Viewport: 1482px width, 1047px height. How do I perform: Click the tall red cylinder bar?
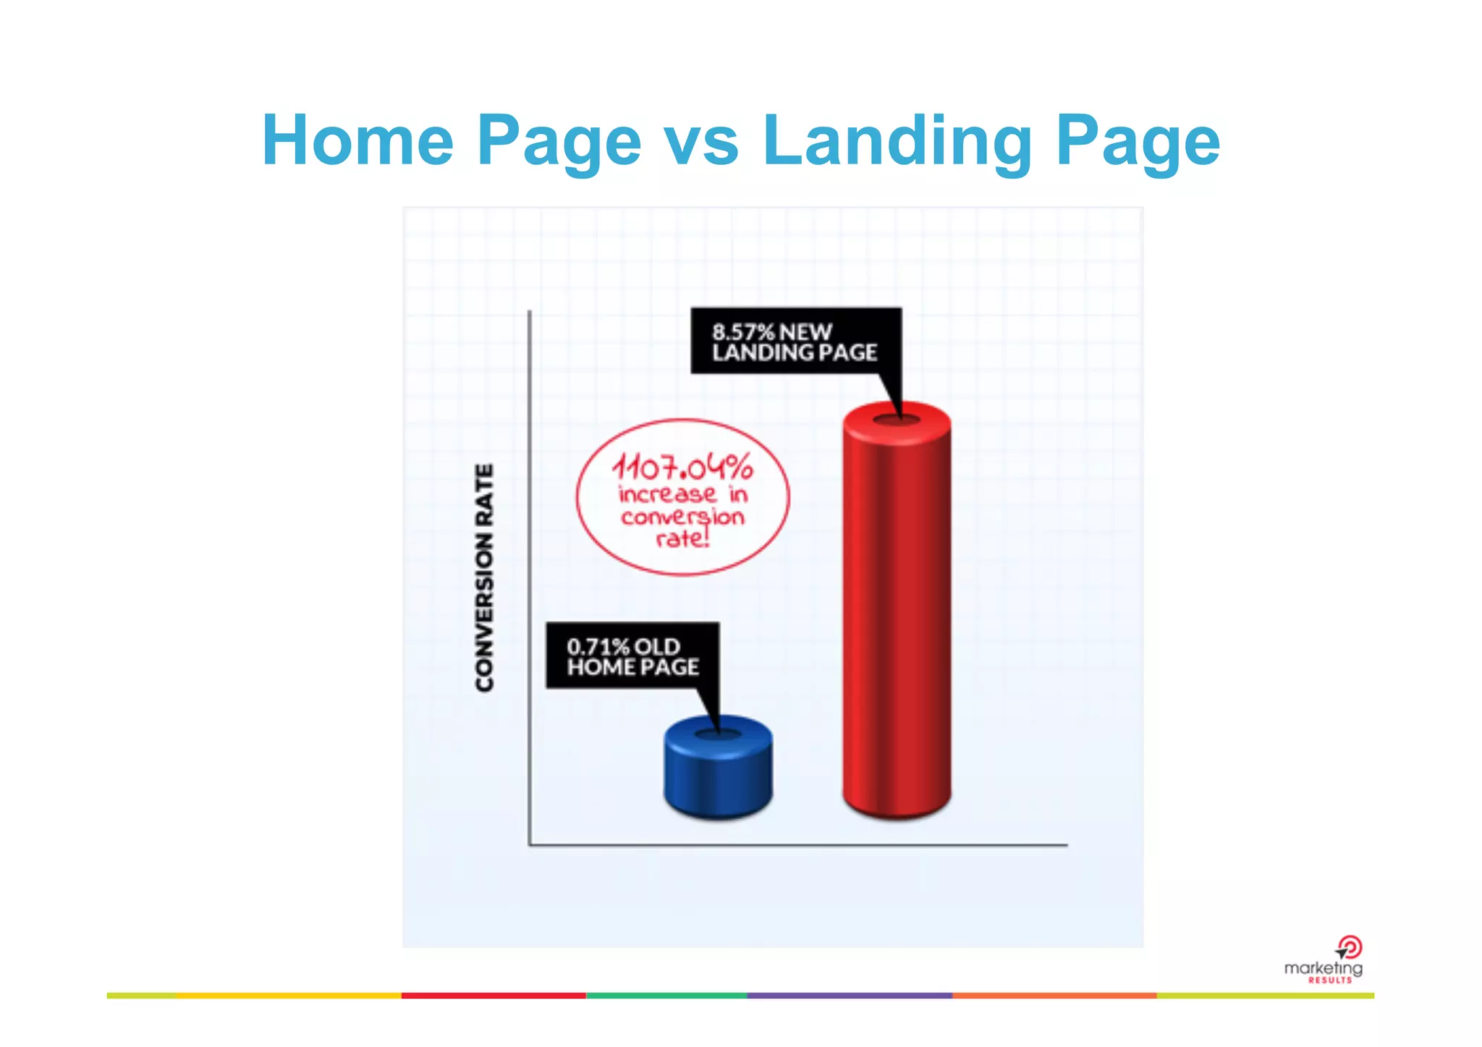(x=897, y=615)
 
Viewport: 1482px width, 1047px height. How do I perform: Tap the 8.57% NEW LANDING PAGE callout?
(x=795, y=342)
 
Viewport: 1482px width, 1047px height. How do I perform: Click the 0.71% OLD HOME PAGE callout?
(x=632, y=656)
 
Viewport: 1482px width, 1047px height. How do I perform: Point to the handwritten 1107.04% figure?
(x=682, y=467)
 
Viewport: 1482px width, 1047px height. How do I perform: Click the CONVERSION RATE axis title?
(x=485, y=577)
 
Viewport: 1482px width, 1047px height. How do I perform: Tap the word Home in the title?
(x=358, y=140)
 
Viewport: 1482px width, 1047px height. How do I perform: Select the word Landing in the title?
(x=897, y=140)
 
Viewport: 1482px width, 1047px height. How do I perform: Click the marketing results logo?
(x=1324, y=968)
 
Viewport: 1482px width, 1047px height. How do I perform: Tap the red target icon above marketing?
(x=1350, y=946)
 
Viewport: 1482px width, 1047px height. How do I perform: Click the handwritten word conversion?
(x=682, y=517)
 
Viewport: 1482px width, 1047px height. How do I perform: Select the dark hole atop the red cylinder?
(x=897, y=420)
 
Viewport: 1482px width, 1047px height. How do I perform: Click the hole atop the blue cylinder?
(x=718, y=735)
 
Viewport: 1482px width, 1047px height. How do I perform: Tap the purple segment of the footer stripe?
(x=849, y=996)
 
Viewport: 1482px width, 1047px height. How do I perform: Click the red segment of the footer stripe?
(x=494, y=996)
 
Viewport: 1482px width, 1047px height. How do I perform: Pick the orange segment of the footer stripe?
(x=1054, y=996)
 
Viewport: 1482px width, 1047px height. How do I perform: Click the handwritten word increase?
(x=667, y=494)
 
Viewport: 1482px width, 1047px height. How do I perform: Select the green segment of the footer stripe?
(x=666, y=996)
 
